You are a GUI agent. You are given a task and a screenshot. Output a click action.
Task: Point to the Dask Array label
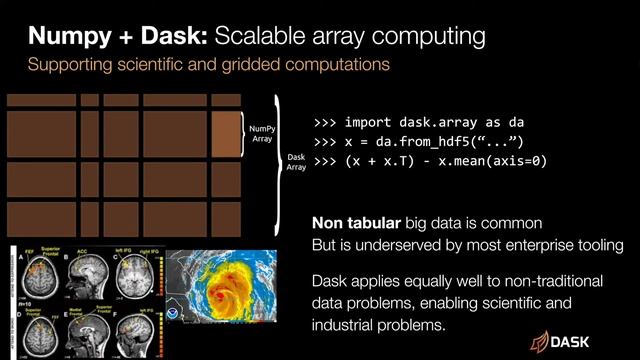[297, 162]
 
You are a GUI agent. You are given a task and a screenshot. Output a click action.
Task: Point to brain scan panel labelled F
[140, 327]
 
